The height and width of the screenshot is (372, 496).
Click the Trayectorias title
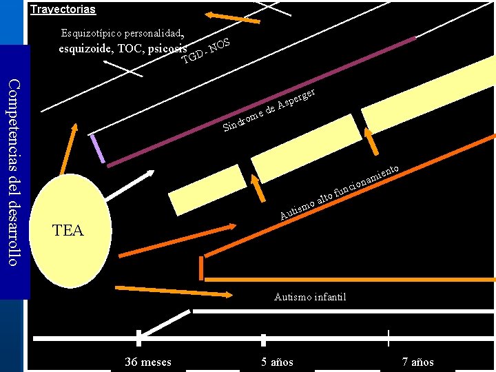(63, 10)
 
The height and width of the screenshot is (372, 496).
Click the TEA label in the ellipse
(68, 231)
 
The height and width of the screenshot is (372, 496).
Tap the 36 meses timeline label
(148, 362)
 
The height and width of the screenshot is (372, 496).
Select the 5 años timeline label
(277, 362)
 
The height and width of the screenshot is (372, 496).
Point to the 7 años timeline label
(418, 362)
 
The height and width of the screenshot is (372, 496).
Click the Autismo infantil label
(310, 297)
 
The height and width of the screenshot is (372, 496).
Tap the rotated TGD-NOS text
(205, 52)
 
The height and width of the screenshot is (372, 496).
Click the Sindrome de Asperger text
(269, 110)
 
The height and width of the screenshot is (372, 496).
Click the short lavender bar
(97, 148)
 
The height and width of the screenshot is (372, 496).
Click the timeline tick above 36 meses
(138, 338)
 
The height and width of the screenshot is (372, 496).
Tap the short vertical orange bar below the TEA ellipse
(202, 267)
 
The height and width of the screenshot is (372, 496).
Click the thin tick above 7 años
(389, 338)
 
